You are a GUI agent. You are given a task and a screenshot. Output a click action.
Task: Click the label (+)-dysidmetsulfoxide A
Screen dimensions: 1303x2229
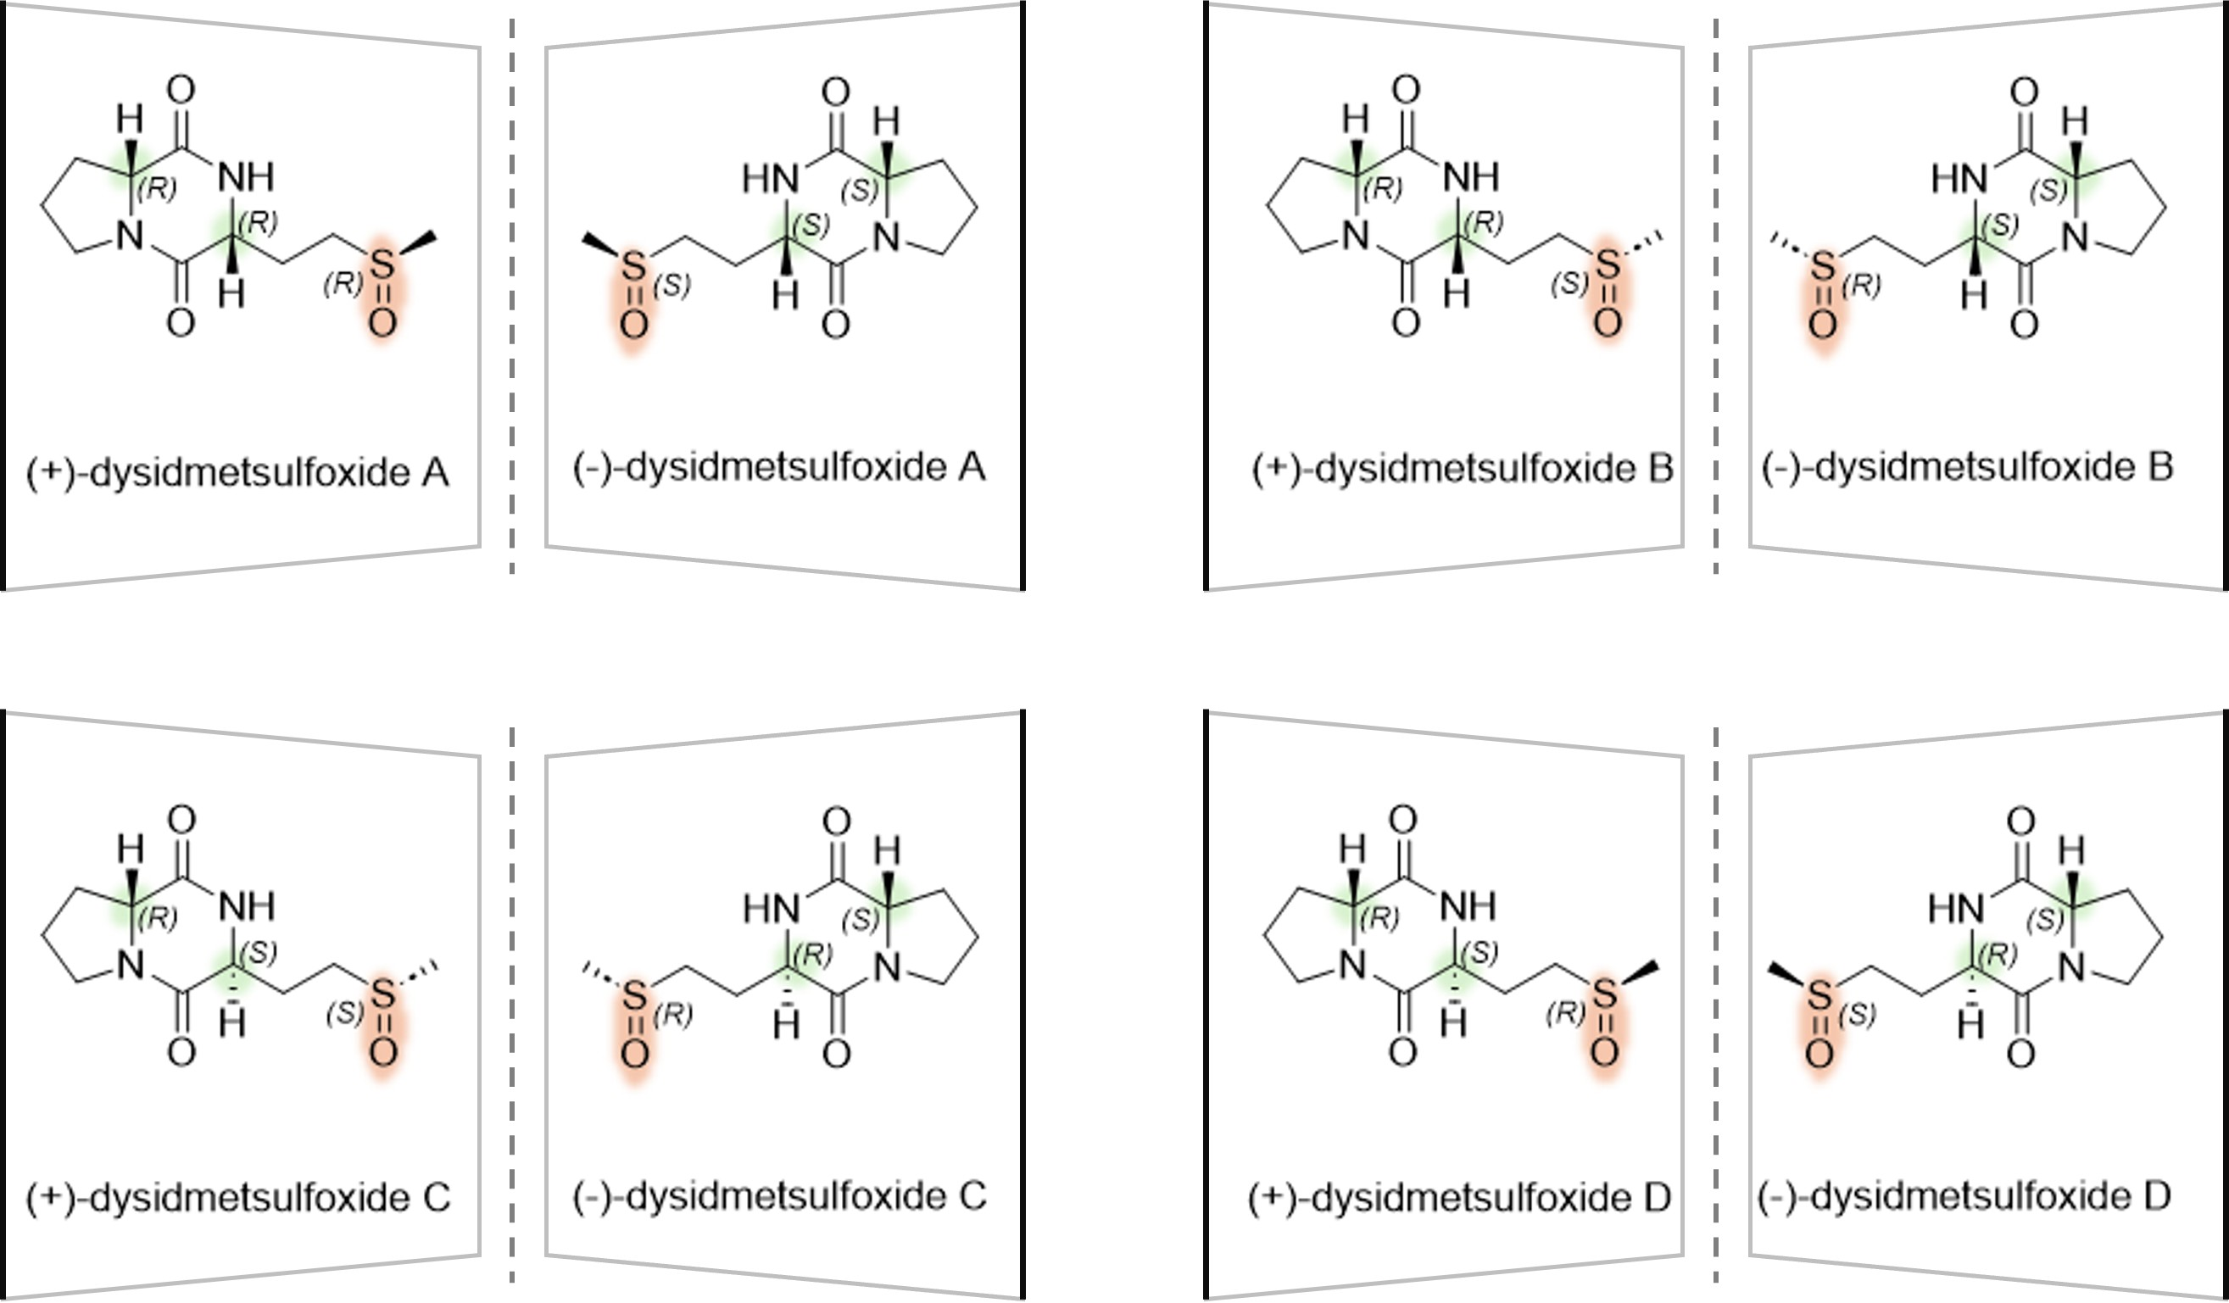[237, 473]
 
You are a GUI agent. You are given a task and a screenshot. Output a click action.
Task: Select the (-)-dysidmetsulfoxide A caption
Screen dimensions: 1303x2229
[778, 467]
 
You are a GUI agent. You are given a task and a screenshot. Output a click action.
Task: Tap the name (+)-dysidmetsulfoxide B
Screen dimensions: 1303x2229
[1462, 469]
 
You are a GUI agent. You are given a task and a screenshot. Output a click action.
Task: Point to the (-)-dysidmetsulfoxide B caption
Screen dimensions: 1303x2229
[1967, 467]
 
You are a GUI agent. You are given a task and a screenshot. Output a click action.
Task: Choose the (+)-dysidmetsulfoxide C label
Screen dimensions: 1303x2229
[238, 1198]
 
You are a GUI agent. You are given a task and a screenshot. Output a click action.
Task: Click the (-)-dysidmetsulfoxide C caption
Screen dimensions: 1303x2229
[779, 1196]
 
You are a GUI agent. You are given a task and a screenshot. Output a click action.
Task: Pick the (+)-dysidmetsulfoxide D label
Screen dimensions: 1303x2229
[1459, 1198]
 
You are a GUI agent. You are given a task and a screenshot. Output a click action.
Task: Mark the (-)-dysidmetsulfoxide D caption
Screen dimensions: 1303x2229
[1964, 1196]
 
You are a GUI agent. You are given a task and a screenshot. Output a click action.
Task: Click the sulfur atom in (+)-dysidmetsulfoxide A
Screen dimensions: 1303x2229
[382, 264]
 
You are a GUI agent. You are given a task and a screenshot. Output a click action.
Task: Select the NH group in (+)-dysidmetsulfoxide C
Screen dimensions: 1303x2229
[247, 905]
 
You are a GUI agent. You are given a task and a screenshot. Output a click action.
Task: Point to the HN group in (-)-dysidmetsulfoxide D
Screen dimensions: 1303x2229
[1956, 908]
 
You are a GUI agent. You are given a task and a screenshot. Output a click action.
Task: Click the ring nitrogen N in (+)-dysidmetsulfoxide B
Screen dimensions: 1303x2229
[1355, 236]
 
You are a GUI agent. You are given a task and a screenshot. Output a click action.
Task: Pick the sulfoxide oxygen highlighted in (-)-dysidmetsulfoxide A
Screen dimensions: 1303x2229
[633, 325]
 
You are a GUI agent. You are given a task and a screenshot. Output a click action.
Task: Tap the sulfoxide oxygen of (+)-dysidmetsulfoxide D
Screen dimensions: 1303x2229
[1604, 1052]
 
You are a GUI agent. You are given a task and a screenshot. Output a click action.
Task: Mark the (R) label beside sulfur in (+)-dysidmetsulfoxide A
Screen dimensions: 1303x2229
[343, 284]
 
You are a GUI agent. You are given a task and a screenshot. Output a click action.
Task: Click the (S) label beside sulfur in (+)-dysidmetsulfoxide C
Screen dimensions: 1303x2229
[345, 1013]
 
